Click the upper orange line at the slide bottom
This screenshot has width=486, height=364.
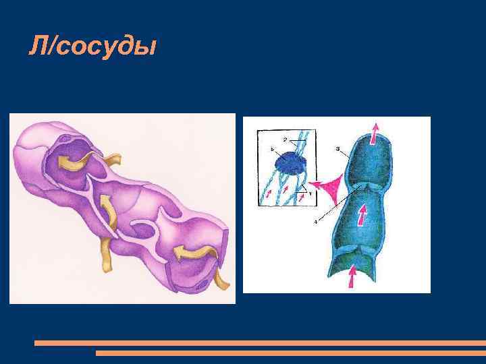(x=260, y=343)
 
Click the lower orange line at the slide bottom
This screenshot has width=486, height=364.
(x=290, y=353)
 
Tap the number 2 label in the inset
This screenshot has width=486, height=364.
(x=286, y=139)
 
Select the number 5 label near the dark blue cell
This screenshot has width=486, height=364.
(x=272, y=148)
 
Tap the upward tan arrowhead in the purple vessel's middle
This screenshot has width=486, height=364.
(x=105, y=202)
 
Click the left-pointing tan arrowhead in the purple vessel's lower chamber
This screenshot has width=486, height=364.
(x=179, y=253)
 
